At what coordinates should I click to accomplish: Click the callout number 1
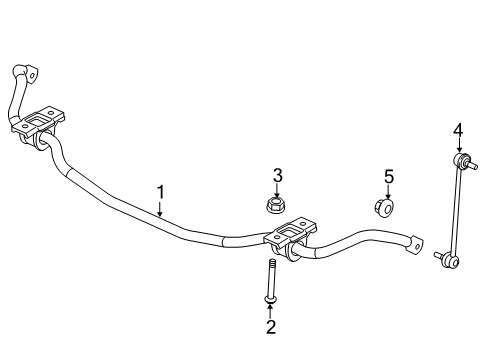[x=159, y=191]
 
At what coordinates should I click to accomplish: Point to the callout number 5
[x=389, y=177]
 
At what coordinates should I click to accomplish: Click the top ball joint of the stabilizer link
[x=461, y=160]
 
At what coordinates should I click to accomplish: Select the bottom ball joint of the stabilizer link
[x=448, y=261]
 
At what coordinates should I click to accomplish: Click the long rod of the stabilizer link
[x=455, y=210]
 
